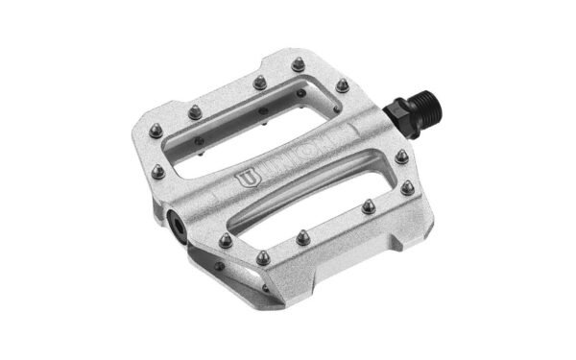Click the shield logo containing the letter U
[x=248, y=180]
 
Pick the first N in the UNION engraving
[x=275, y=171]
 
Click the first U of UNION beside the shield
[x=262, y=175]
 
